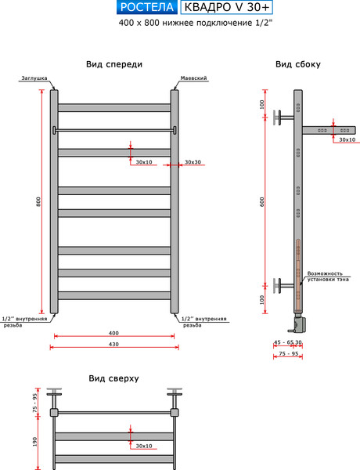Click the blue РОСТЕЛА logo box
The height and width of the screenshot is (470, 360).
147,7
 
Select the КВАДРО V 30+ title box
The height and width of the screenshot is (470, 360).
227,8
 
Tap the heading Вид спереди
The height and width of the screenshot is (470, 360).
114,64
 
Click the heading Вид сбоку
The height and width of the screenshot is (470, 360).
298,64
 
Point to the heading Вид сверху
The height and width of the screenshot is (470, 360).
113,378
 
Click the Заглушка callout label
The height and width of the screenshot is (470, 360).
34,78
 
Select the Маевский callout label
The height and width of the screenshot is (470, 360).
193,78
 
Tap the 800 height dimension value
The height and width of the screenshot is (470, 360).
38,201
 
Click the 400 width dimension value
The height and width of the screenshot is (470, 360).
113,333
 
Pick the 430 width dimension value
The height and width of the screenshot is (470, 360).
113,345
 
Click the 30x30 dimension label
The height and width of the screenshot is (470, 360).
193,162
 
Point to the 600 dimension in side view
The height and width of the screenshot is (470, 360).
262,201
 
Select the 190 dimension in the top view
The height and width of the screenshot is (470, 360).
35,442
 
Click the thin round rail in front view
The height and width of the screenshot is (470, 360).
114,130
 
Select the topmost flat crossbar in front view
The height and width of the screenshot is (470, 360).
114,108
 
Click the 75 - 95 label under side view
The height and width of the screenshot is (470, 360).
289,354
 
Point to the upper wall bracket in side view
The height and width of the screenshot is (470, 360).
283,117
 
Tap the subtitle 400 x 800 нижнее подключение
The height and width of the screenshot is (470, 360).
196,23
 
